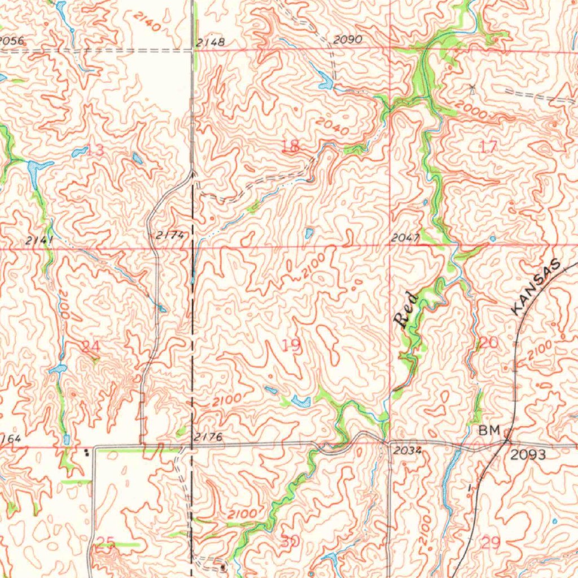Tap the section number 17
[x=489, y=147]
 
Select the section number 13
[x=95, y=150]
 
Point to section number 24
[x=90, y=346]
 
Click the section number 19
[x=291, y=345]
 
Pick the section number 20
[x=489, y=343]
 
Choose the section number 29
[x=491, y=543]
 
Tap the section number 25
[x=105, y=544]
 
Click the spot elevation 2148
[x=211, y=42]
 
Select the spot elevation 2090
[x=347, y=40]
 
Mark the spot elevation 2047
[x=405, y=238]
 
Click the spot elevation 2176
[x=208, y=437]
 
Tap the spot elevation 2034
[x=404, y=450]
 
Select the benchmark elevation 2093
[x=528, y=454]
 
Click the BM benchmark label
[x=489, y=431]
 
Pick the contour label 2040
[x=332, y=126]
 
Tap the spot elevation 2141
[x=39, y=240]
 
